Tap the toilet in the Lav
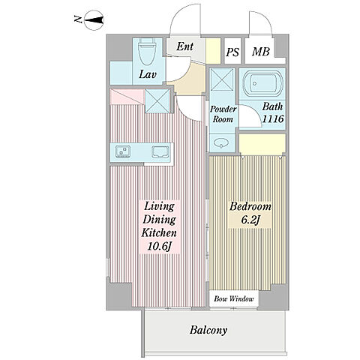click(x=147, y=52)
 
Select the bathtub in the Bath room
click(x=262, y=83)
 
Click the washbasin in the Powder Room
click(x=221, y=143)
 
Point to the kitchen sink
click(x=160, y=152)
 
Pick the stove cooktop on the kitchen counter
click(x=123, y=151)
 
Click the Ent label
click(x=185, y=46)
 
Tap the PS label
click(x=232, y=52)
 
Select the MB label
click(x=261, y=52)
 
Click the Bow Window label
click(x=234, y=298)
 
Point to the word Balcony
click(x=208, y=330)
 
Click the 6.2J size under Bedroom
click(x=250, y=220)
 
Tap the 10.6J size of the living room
click(x=160, y=247)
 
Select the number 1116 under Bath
click(x=273, y=118)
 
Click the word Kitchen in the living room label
click(x=159, y=233)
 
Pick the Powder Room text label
click(x=223, y=114)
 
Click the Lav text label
click(x=148, y=74)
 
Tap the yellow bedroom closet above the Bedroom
click(x=262, y=145)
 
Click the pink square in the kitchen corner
click(x=127, y=97)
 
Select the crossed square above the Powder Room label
click(x=222, y=79)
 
